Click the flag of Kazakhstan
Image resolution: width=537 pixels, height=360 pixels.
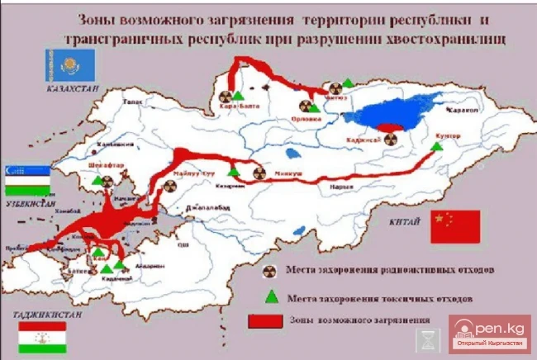coord(71,64)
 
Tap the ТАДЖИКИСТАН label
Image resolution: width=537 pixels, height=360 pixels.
coord(38,315)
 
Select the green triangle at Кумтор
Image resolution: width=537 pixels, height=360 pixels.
coord(438,145)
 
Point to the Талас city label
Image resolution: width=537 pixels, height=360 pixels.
coord(131,102)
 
